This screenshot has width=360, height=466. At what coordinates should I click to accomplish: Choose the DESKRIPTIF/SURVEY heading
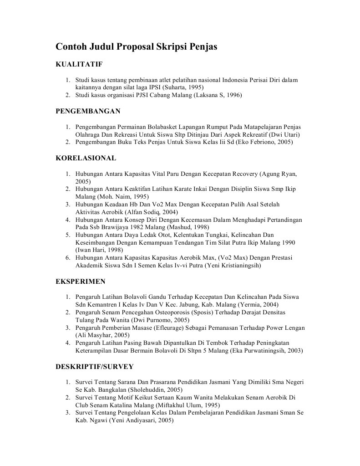point(94,366)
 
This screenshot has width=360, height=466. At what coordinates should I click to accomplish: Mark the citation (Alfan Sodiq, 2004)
point(153,212)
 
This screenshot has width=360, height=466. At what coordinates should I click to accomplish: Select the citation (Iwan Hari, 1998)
point(100,250)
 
